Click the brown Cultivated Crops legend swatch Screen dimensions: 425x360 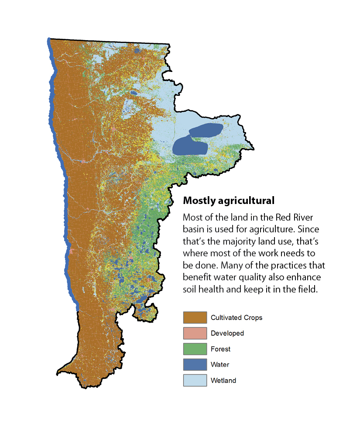pyautogui.click(x=195, y=317)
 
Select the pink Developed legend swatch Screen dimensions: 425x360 pyautogui.click(x=195, y=333)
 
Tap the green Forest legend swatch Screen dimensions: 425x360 pyautogui.click(x=195, y=349)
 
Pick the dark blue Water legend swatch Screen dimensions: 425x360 pyautogui.click(x=195, y=364)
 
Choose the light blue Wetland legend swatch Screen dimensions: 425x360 pyautogui.click(x=195, y=380)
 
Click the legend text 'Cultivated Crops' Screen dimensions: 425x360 pyautogui.click(x=236, y=317)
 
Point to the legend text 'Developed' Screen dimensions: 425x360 pyautogui.click(x=227, y=333)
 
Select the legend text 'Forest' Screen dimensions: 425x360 pyautogui.click(x=220, y=349)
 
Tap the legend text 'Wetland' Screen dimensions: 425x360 pyautogui.click(x=223, y=380)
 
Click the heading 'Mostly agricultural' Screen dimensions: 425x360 pyautogui.click(x=228, y=201)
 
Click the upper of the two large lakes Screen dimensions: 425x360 pyautogui.click(x=205, y=129)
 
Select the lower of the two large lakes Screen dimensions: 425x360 pyautogui.click(x=190, y=146)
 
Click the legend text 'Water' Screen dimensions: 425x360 pyautogui.click(x=219, y=364)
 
